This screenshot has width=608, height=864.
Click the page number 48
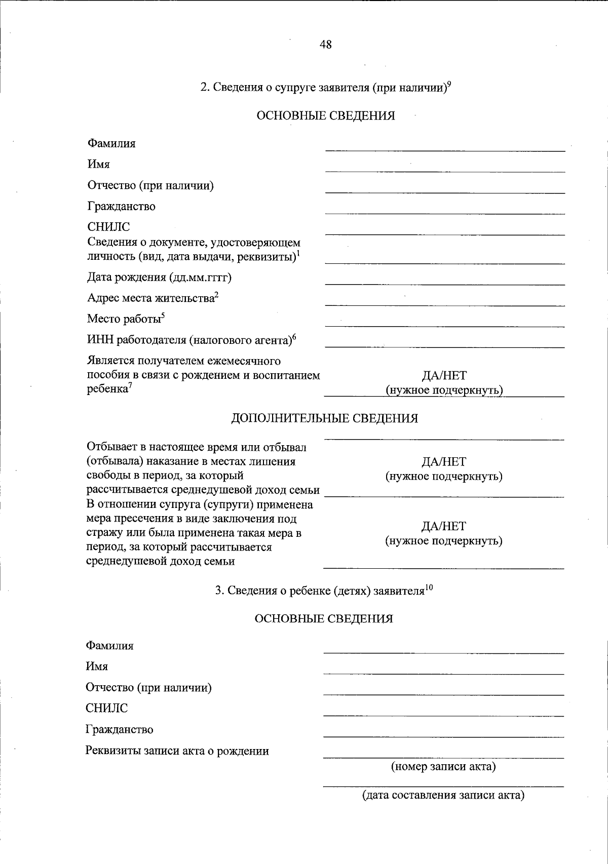pyautogui.click(x=326, y=45)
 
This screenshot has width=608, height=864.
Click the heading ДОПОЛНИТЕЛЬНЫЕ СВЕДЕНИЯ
pyautogui.click(x=324, y=418)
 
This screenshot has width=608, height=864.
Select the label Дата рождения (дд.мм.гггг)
pyautogui.click(x=160, y=278)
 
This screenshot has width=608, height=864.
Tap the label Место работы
pyautogui.click(x=124, y=319)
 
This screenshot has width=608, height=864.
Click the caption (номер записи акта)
pyautogui.click(x=443, y=766)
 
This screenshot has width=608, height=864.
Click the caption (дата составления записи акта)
pyautogui.click(x=443, y=795)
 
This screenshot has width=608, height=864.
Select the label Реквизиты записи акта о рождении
pyautogui.click(x=177, y=751)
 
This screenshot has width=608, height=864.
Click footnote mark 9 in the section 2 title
pyautogui.click(x=449, y=84)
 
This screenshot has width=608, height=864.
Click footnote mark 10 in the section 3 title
pyautogui.click(x=429, y=587)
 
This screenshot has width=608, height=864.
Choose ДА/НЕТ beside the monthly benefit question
pyautogui.click(x=444, y=376)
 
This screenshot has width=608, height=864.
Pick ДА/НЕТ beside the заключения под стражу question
pyautogui.click(x=444, y=526)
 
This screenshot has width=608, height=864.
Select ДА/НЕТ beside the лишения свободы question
pyautogui.click(x=444, y=462)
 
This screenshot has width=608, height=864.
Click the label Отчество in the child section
pyautogui.click(x=148, y=688)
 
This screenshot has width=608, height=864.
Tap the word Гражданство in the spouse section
pyautogui.click(x=122, y=207)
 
